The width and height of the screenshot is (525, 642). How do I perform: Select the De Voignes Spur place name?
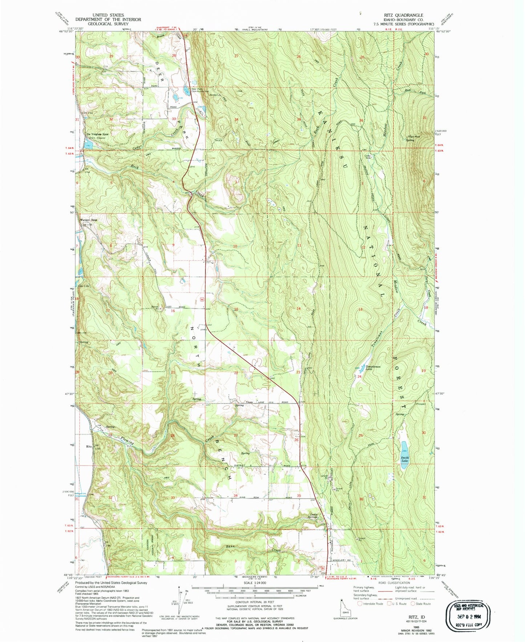tap(97, 134)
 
